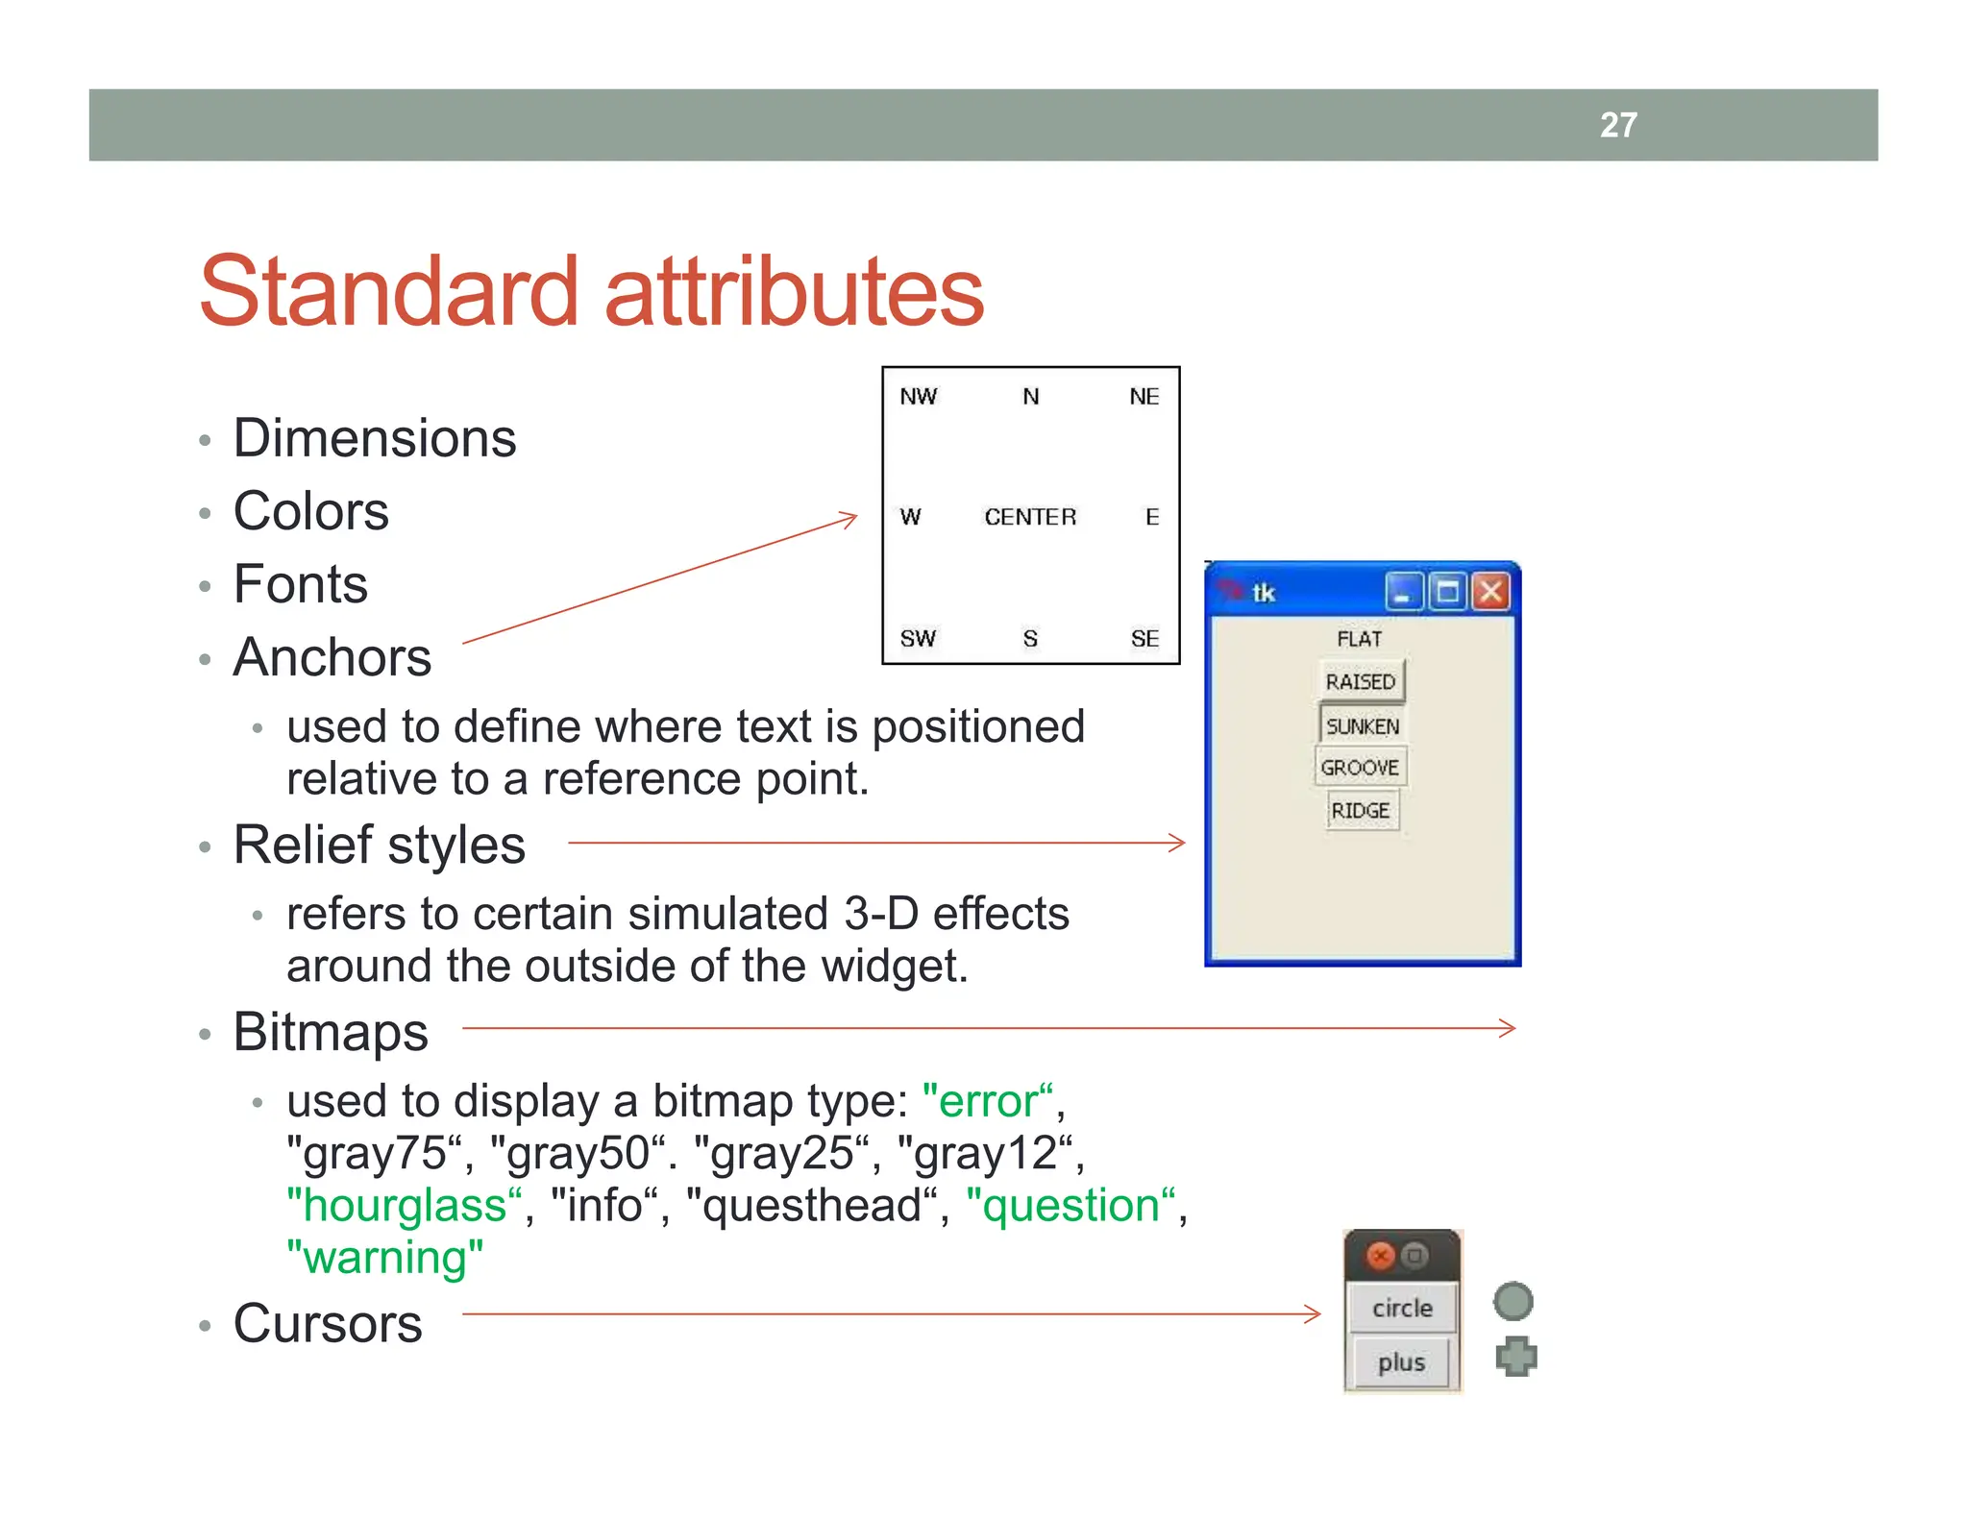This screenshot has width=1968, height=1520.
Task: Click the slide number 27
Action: click(1618, 125)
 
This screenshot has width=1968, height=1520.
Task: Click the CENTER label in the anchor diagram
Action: click(1030, 517)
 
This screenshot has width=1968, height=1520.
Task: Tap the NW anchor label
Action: click(919, 397)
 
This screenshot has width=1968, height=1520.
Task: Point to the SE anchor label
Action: click(1144, 639)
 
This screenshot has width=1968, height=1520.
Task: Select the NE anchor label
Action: click(1144, 397)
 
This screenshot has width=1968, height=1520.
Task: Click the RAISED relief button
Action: click(1361, 681)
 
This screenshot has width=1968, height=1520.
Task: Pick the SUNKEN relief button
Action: click(1362, 726)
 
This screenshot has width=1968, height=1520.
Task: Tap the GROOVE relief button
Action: click(1360, 768)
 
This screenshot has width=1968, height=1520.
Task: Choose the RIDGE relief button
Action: click(1361, 811)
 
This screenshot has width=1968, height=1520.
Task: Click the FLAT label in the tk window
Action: click(1360, 639)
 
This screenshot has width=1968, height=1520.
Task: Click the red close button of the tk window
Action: click(1490, 592)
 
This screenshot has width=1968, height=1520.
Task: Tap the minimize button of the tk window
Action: click(1403, 592)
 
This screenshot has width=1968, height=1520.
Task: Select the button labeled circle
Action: click(1402, 1308)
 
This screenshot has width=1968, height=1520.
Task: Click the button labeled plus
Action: click(1401, 1362)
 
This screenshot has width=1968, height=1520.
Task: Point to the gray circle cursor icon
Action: click(1513, 1302)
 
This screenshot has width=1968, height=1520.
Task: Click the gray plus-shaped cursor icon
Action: click(1516, 1357)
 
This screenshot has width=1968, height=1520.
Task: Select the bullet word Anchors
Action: click(332, 657)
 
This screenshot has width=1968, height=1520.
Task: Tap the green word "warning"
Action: click(384, 1258)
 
